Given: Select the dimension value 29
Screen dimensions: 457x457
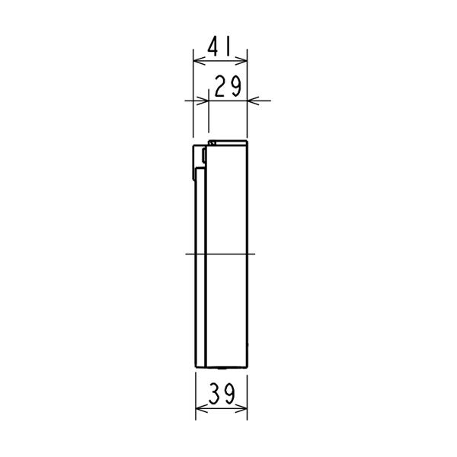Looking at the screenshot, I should click(x=228, y=88).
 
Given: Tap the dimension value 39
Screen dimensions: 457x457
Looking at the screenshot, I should click(x=221, y=395).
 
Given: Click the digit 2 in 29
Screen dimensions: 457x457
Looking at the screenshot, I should click(x=220, y=88).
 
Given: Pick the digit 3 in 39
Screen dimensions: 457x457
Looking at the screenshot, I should click(x=213, y=395).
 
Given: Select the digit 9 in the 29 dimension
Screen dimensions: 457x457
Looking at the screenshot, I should click(x=235, y=88).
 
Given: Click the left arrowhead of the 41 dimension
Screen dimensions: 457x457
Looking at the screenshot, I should click(x=197, y=60).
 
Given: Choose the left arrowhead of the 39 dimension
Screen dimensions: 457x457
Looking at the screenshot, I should click(x=199, y=407).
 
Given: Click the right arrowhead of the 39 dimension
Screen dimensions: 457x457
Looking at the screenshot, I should click(x=245, y=407).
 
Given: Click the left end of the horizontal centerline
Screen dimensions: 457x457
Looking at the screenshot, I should click(x=186, y=254).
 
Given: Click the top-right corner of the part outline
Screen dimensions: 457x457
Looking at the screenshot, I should click(x=248, y=142).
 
